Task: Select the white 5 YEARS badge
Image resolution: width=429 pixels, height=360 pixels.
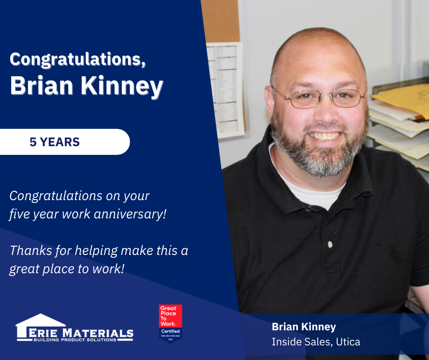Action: point(64,142)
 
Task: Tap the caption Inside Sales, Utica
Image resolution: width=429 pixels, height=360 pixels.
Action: point(316,341)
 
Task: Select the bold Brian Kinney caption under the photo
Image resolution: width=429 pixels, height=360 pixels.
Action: point(303,327)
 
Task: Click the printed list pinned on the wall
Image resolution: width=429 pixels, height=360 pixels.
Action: point(224,87)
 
